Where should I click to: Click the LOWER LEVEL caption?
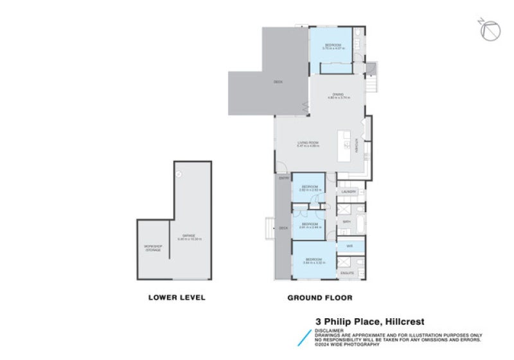(177, 297)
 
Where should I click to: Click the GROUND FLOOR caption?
(319, 297)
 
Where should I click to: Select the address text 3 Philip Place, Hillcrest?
(369, 321)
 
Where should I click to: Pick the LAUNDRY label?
(349, 192)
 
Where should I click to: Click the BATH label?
(346, 221)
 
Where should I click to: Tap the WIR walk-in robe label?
(350, 246)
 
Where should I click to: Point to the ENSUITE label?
(348, 273)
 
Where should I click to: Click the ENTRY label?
(283, 179)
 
